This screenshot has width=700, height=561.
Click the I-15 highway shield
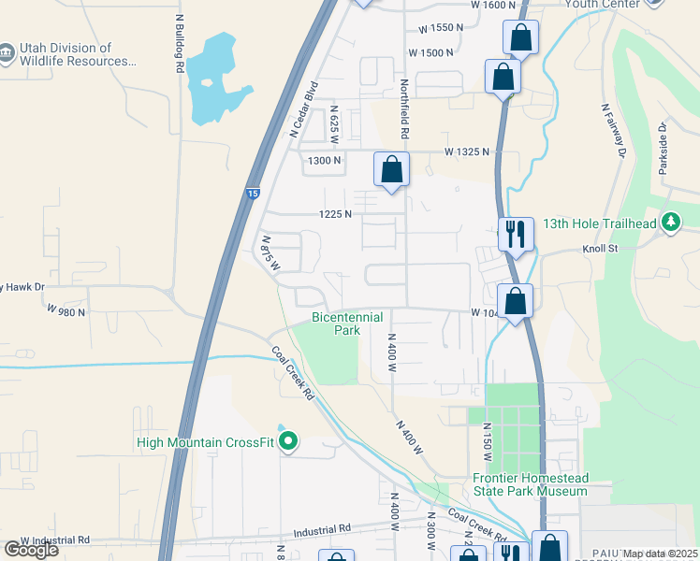click(x=253, y=194)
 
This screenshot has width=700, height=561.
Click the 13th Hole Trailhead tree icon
click(x=669, y=223)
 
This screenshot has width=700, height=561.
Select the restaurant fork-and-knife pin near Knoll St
click(x=515, y=233)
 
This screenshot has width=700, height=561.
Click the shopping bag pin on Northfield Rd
click(x=392, y=170)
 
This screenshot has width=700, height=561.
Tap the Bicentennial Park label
click(x=347, y=324)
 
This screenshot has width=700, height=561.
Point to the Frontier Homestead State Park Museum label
click(x=530, y=484)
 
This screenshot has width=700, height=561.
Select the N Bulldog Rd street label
click(x=179, y=44)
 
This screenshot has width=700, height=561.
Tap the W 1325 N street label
click(x=467, y=151)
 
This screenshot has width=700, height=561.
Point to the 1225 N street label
click(x=335, y=214)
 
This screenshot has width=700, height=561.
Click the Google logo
click(x=31, y=550)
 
